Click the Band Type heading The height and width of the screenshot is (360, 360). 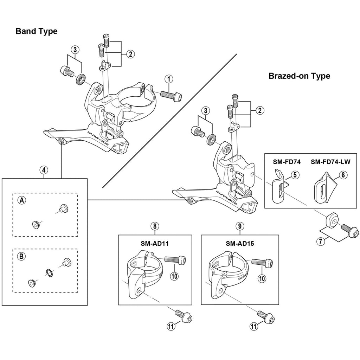click(x=36, y=31)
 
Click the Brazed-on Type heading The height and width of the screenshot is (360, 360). click(x=299, y=76)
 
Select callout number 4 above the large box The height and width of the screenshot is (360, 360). click(x=43, y=170)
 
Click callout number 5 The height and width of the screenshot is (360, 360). click(x=295, y=174)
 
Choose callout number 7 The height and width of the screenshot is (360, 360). click(x=321, y=242)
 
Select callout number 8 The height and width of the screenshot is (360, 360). click(x=155, y=226)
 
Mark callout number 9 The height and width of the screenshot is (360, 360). click(x=239, y=226)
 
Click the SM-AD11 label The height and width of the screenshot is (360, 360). click(x=155, y=243)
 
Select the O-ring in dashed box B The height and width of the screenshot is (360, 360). click(x=49, y=271)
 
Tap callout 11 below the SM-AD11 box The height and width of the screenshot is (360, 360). click(x=171, y=326)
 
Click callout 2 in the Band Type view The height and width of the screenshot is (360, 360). click(x=130, y=54)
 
